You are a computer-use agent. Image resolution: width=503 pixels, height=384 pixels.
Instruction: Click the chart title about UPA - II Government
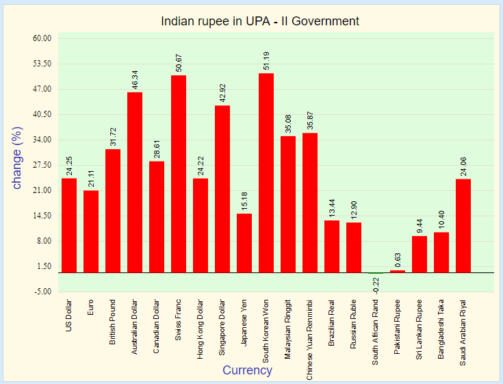[x=260, y=21]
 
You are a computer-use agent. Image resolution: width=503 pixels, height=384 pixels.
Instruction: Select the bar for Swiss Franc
[x=179, y=174]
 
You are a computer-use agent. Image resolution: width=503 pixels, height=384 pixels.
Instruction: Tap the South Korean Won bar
[x=266, y=172]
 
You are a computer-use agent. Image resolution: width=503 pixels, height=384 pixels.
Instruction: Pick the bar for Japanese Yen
[x=244, y=243]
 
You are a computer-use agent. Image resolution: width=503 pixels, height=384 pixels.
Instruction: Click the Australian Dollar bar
[x=135, y=182]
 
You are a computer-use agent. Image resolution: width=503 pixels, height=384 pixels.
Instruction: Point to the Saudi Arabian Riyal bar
[x=463, y=226]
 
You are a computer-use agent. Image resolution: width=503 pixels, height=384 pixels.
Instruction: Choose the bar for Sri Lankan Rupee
[x=420, y=254]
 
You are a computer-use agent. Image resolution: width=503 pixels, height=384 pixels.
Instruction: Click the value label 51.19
[x=266, y=60]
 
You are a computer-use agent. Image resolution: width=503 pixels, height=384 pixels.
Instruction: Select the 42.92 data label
[x=222, y=92]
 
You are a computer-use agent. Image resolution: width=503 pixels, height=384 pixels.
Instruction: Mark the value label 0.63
[x=398, y=261]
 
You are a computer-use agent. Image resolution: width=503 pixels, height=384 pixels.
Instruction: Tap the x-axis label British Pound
[x=113, y=322]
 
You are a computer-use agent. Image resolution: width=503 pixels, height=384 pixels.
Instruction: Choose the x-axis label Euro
[x=91, y=306]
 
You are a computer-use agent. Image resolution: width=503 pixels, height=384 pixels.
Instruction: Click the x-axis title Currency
[x=247, y=370]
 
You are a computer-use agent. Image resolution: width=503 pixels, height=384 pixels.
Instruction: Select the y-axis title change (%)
[x=18, y=158]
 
